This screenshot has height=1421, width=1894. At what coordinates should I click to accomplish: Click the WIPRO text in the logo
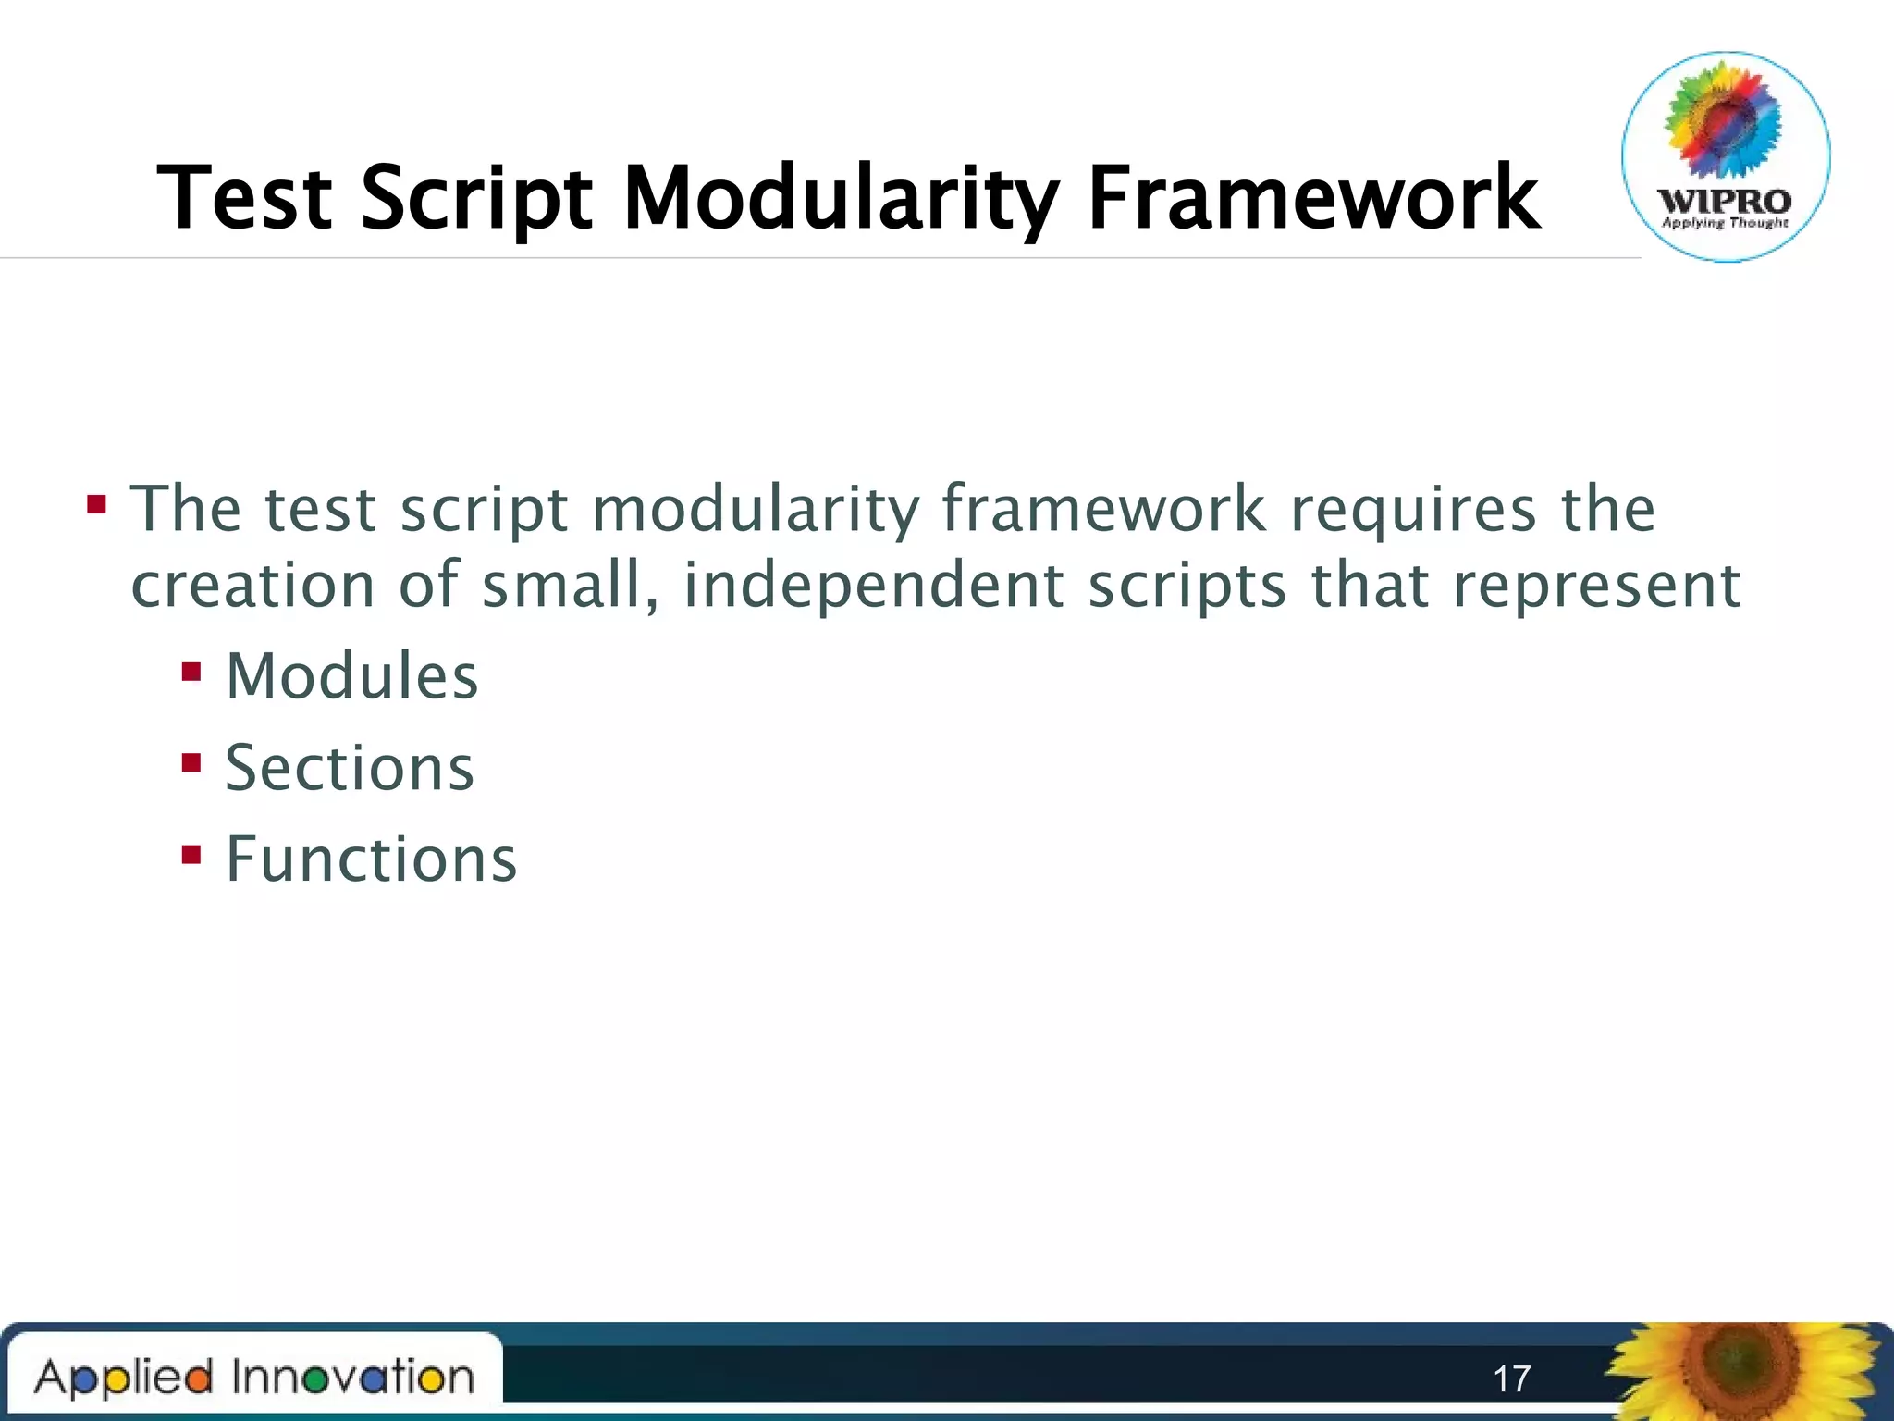coord(1725,201)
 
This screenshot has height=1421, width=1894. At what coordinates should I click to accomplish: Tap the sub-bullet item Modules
coord(351,676)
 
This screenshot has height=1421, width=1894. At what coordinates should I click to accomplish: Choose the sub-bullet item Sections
coord(350,768)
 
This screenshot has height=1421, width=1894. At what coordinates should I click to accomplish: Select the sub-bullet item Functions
coord(371,859)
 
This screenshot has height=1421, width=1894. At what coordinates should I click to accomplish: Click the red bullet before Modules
coord(191,671)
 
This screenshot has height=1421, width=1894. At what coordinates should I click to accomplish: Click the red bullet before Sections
coord(191,762)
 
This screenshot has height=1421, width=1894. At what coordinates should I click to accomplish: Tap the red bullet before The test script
coord(96,505)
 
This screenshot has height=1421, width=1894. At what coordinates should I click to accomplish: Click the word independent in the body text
coord(873,586)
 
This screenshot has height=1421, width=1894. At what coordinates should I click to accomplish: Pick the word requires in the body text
coord(1412,510)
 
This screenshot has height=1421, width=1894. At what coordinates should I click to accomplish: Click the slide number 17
coord(1511,1378)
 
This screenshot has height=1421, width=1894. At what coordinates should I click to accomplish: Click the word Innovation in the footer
coord(352,1377)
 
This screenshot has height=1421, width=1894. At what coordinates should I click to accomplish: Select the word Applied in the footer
coord(124,1378)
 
